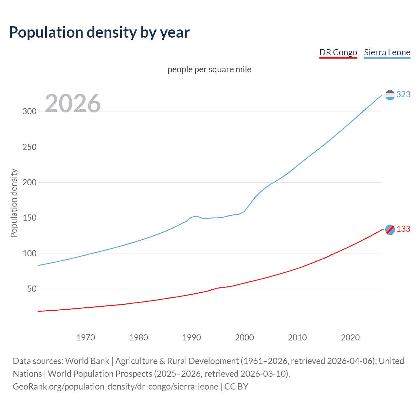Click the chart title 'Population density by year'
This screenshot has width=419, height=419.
click(99, 32)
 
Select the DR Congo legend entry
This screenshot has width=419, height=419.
click(338, 52)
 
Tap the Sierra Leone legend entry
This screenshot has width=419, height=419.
click(387, 52)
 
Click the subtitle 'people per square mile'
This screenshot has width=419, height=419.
click(209, 69)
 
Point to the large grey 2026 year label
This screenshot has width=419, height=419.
click(73, 103)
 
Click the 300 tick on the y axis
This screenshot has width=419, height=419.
click(29, 111)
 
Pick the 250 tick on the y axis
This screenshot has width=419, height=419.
click(29, 147)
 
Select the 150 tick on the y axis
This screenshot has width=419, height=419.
click(29, 218)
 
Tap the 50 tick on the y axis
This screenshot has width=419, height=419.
click(32, 289)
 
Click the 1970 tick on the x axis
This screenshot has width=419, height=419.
click(86, 337)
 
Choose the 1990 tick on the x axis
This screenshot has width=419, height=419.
click(191, 337)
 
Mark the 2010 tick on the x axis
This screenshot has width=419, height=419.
click(297, 337)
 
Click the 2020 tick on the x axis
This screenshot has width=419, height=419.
click(350, 337)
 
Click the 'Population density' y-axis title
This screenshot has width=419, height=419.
click(14, 203)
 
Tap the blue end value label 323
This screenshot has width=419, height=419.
click(403, 94)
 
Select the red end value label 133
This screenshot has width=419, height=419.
click(403, 229)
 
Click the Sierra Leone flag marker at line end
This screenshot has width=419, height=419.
click(390, 95)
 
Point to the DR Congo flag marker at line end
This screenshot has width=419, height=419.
click(390, 230)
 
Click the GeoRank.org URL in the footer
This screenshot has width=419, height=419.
click(116, 387)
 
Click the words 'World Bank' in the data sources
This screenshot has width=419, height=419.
click(87, 361)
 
